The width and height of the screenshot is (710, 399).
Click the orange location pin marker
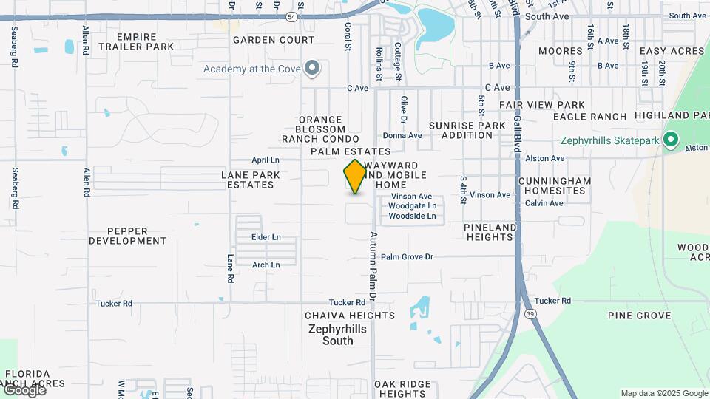click(x=356, y=176)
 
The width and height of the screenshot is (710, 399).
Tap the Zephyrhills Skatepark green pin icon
click(x=671, y=140)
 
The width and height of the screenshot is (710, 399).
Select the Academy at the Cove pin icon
click(x=312, y=69)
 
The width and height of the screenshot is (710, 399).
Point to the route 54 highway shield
click(x=292, y=16)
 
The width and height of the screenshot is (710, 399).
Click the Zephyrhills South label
click(x=331, y=335)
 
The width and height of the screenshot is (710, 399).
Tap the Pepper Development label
click(x=128, y=236)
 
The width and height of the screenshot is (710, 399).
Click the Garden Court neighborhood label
click(x=265, y=40)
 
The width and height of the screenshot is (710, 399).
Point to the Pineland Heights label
click(x=490, y=232)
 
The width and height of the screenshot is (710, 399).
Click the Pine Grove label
click(x=640, y=316)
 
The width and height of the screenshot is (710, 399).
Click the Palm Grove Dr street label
click(x=407, y=256)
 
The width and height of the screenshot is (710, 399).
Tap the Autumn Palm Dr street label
click(x=373, y=265)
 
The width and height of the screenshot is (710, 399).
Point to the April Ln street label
click(x=266, y=160)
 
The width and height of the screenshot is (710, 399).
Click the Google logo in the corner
click(x=24, y=389)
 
